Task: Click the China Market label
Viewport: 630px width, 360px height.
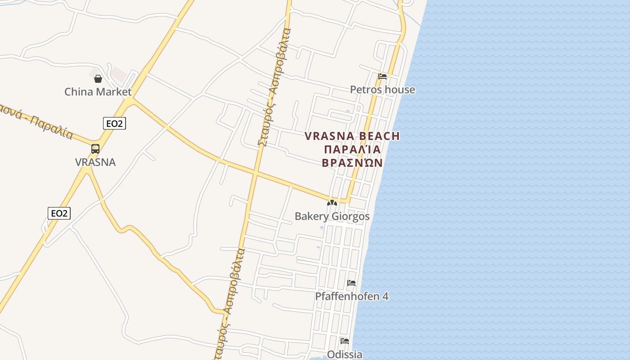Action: click(x=98, y=92)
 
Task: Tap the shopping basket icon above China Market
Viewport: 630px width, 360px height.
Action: click(x=98, y=79)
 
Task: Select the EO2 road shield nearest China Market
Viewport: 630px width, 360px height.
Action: click(x=114, y=123)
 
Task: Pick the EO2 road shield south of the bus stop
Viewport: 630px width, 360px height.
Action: click(x=59, y=213)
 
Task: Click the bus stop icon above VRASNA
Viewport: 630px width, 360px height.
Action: click(x=95, y=148)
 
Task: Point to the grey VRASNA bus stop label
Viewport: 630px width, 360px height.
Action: click(x=95, y=162)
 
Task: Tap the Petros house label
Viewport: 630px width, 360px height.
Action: click(x=382, y=90)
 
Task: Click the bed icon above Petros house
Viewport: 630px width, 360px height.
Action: click(x=382, y=76)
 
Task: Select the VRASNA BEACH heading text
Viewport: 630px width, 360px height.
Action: click(x=352, y=136)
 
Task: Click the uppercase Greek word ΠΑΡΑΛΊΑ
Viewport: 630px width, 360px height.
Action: click(x=352, y=149)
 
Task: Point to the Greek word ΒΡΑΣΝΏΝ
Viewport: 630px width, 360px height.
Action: click(x=352, y=162)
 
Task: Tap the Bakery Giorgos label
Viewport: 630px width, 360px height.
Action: click(x=332, y=216)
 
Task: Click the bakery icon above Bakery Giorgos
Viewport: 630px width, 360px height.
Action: click(x=332, y=203)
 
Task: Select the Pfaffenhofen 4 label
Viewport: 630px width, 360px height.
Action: click(x=351, y=297)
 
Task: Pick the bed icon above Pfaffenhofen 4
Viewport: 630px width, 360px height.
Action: click(x=351, y=283)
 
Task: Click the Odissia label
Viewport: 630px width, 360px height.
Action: click(x=345, y=354)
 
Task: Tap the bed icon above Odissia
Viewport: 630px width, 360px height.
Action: click(x=345, y=341)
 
